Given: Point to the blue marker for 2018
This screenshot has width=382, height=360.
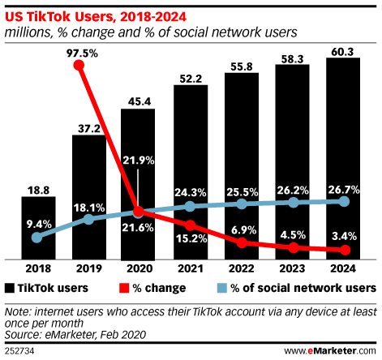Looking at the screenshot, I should (x=36, y=238).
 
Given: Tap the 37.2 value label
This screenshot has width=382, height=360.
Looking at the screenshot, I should (x=88, y=125).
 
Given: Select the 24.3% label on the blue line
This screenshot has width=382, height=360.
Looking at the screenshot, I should (x=191, y=192).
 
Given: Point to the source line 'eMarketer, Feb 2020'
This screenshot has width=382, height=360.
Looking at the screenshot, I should (x=85, y=332).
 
